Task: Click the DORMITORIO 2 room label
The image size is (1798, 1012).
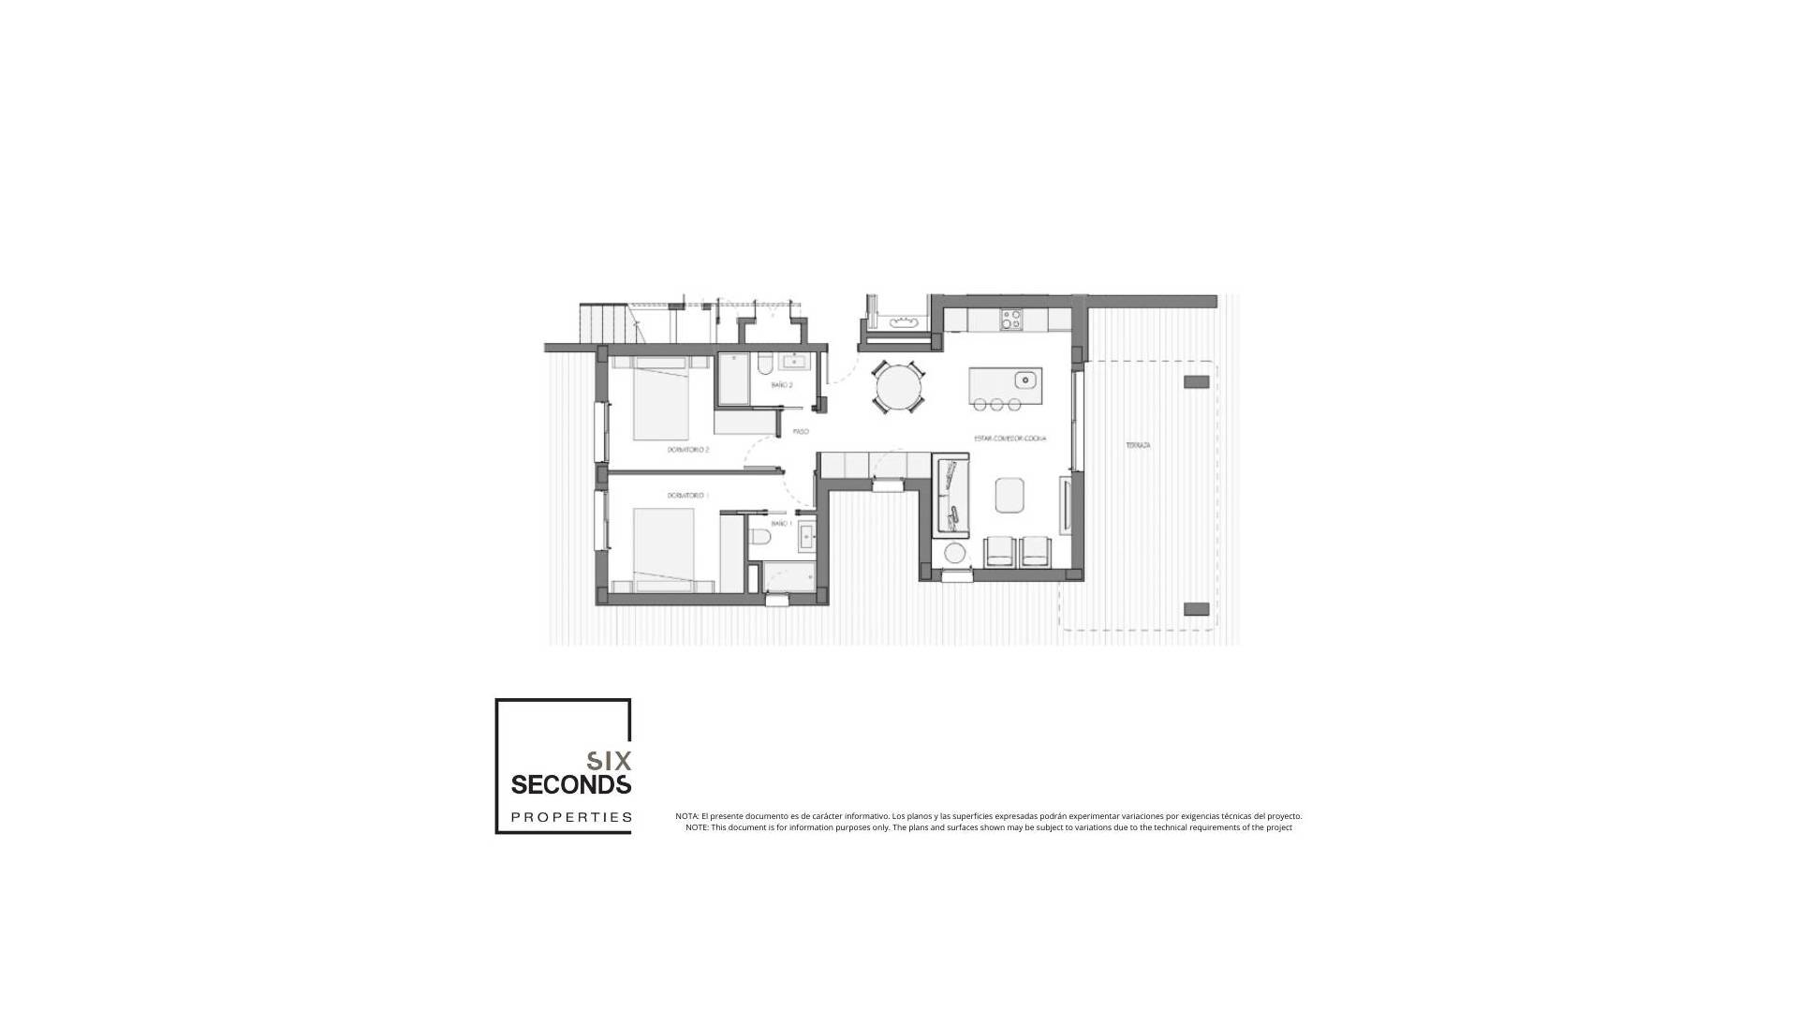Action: click(x=688, y=450)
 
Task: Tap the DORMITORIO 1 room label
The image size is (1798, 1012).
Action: click(x=688, y=495)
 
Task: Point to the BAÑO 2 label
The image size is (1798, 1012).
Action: click(x=782, y=385)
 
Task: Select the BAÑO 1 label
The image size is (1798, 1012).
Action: click(x=782, y=524)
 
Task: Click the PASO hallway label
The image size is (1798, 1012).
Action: click(x=801, y=432)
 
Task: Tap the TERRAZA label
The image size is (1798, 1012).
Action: click(x=1138, y=446)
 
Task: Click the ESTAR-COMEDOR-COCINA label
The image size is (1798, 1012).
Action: click(x=1010, y=439)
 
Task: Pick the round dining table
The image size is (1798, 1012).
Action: click(x=898, y=387)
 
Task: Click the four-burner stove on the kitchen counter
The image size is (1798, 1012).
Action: click(x=1010, y=320)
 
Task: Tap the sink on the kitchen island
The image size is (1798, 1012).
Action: click(x=1026, y=379)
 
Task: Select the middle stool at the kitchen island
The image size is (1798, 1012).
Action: click(x=997, y=405)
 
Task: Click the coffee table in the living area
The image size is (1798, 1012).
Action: click(x=1010, y=495)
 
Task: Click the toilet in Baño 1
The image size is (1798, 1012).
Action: click(x=760, y=537)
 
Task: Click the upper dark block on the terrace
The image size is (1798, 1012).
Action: click(x=1196, y=381)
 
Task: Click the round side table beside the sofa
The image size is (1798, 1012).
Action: click(x=954, y=554)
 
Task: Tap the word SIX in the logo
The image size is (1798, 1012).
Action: click(x=609, y=760)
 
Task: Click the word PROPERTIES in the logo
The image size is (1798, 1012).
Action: click(x=571, y=817)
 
